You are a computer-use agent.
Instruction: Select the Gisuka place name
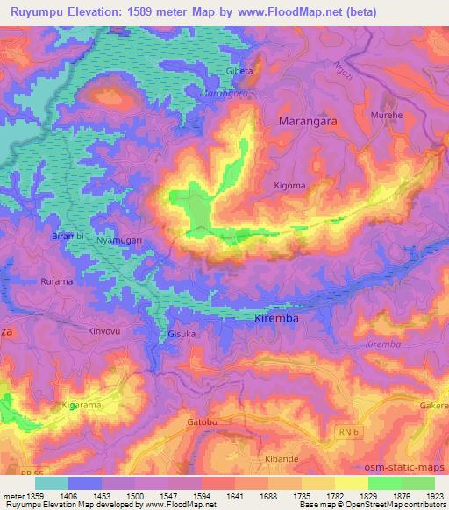coord(182,335)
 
